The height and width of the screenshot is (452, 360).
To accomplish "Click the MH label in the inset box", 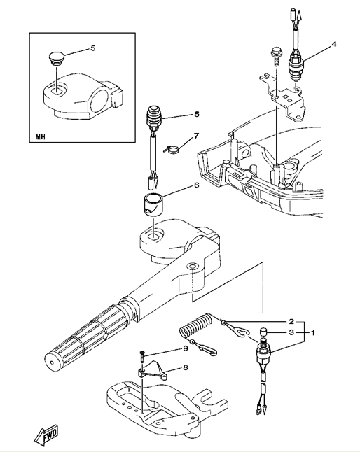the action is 41,136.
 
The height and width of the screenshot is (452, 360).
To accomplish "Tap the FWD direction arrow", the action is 46,435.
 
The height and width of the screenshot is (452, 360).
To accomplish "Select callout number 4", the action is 334,44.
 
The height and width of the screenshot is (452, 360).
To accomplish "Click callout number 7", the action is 196,136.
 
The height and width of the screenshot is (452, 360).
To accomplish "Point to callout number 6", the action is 196,185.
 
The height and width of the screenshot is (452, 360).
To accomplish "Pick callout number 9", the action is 186,348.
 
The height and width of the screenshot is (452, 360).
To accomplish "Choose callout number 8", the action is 186,367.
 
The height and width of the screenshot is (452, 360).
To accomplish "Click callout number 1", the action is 312,332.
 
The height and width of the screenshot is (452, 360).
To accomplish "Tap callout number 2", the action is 291,321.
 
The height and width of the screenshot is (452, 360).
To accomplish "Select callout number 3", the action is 291,332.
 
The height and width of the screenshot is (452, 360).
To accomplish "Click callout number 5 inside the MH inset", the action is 92,48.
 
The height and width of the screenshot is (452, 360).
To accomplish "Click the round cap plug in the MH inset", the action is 56,57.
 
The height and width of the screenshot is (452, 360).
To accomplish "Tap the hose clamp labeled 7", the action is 172,149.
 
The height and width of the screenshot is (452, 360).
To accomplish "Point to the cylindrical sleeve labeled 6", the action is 153,204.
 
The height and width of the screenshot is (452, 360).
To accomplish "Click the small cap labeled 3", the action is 264,331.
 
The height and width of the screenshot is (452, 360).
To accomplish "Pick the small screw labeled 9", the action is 142,358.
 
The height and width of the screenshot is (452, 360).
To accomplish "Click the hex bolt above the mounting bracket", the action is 275,57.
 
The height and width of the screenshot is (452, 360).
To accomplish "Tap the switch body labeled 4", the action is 296,66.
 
